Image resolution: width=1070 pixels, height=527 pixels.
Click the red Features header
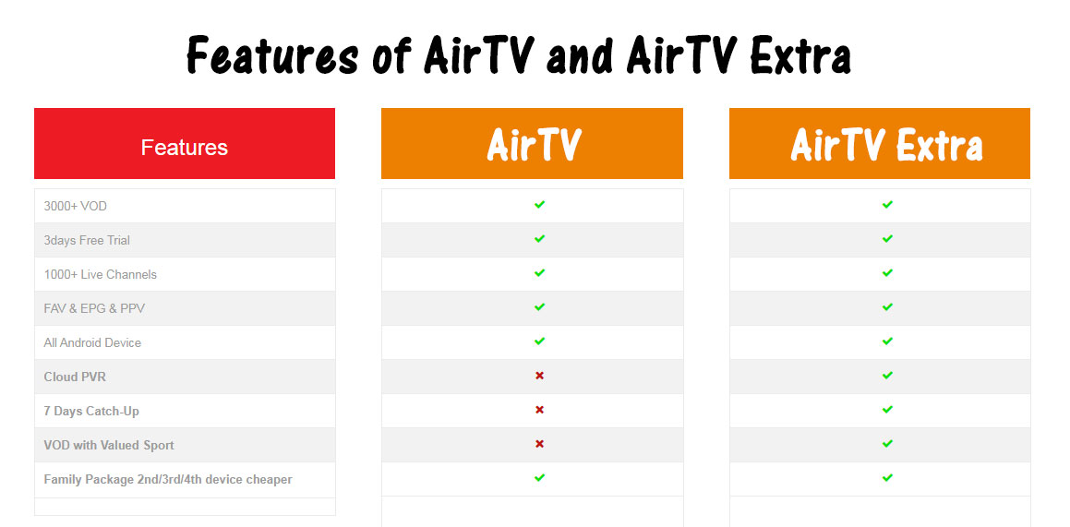(185, 143)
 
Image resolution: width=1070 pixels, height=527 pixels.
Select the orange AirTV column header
(533, 143)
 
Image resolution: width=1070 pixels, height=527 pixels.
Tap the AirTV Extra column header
(880, 143)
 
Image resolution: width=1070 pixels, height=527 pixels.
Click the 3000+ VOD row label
(75, 206)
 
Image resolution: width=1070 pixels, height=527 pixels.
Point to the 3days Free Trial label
(87, 240)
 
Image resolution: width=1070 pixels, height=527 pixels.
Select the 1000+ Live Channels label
(101, 274)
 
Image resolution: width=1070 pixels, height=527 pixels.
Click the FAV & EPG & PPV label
(94, 308)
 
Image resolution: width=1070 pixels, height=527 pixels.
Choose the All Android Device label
(92, 342)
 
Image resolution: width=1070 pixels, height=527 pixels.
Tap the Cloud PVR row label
(75, 377)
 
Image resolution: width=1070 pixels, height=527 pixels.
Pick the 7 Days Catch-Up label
(91, 411)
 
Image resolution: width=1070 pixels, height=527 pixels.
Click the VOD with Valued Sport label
(109, 445)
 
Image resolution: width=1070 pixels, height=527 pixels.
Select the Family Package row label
(168, 479)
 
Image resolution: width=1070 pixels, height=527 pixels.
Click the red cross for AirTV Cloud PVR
(539, 376)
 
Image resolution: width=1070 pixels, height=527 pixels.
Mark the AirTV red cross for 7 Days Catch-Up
(539, 410)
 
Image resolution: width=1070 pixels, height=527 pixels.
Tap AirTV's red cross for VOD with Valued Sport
(539, 444)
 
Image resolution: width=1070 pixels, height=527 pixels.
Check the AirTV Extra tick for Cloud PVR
(887, 376)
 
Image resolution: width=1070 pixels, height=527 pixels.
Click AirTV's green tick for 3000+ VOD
(539, 205)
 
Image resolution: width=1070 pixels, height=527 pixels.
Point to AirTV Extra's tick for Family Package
(887, 478)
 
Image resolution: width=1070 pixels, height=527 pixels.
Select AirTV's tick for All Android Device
(539, 341)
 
